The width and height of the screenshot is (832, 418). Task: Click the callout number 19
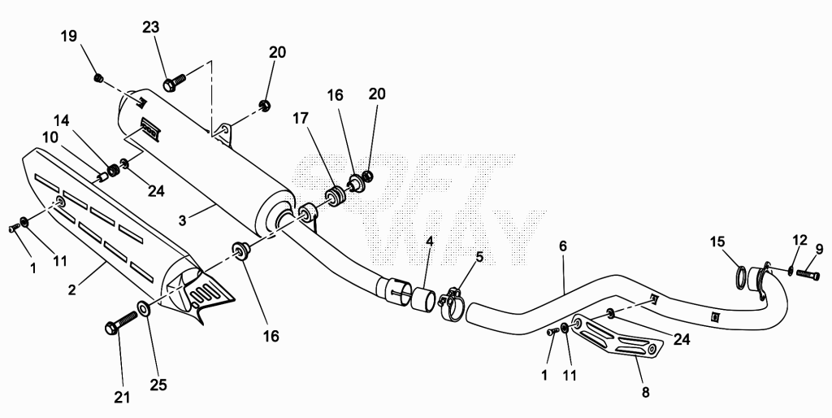pyautogui.click(x=69, y=36)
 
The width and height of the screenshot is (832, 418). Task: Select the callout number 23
pyautogui.click(x=150, y=27)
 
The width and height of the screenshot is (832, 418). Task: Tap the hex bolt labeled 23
pyautogui.click(x=174, y=82)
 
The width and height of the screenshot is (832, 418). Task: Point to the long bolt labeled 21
pyautogui.click(x=122, y=322)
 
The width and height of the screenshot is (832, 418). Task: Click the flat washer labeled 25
pyautogui.click(x=144, y=307)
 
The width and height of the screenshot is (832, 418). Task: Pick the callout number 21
pyautogui.click(x=123, y=397)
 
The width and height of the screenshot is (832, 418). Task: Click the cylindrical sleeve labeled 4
pyautogui.click(x=424, y=298)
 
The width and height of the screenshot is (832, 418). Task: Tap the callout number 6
pyautogui.click(x=563, y=246)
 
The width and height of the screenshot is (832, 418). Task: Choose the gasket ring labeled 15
pyautogui.click(x=739, y=276)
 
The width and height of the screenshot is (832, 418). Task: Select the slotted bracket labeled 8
pyautogui.click(x=617, y=333)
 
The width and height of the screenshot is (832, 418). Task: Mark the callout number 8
pyautogui.click(x=645, y=393)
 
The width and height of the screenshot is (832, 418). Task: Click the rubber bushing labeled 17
pyautogui.click(x=336, y=197)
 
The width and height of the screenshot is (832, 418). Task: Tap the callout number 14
pyautogui.click(x=62, y=120)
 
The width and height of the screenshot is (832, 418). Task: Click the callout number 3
pyautogui.click(x=183, y=220)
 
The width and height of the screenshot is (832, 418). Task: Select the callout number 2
pyautogui.click(x=71, y=290)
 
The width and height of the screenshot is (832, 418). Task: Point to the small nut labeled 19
pyautogui.click(x=98, y=78)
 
